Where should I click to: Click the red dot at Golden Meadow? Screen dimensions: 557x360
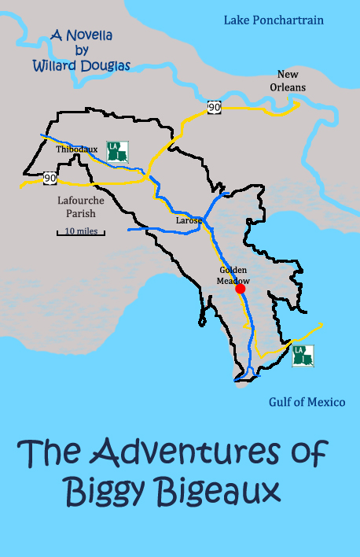(241, 289)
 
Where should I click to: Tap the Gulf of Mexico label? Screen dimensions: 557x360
(307, 402)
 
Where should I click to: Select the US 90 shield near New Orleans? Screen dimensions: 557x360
(214, 107)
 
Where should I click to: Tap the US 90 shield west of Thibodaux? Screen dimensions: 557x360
(50, 178)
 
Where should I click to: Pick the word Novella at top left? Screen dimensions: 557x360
(91, 35)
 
